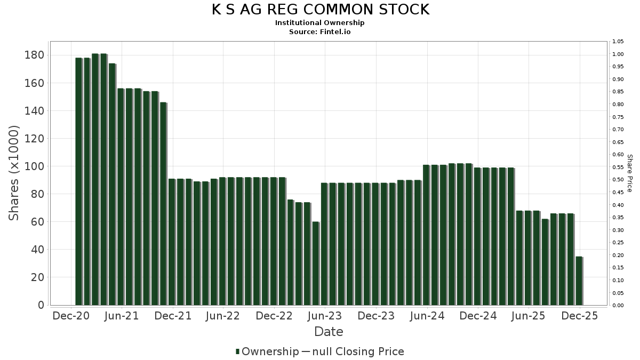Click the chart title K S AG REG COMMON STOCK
click(320, 10)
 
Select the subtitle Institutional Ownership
click(320, 23)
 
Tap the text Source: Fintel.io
click(320, 31)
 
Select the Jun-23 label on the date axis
click(324, 316)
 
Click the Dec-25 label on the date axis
click(580, 316)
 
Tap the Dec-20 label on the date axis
click(71, 316)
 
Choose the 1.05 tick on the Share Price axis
click(618, 42)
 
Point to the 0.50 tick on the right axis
click(618, 180)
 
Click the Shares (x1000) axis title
click(14, 173)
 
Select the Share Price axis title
click(629, 173)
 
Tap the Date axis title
click(329, 332)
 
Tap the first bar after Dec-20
click(78, 181)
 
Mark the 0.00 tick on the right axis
click(618, 306)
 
